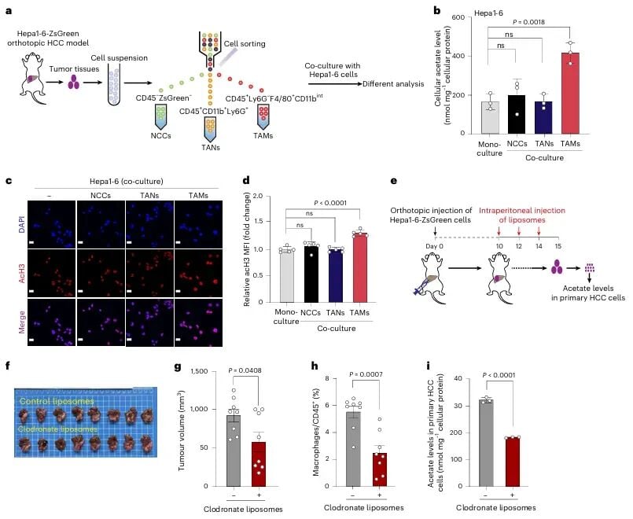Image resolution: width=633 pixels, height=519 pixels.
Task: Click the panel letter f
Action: coord(8,366)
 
